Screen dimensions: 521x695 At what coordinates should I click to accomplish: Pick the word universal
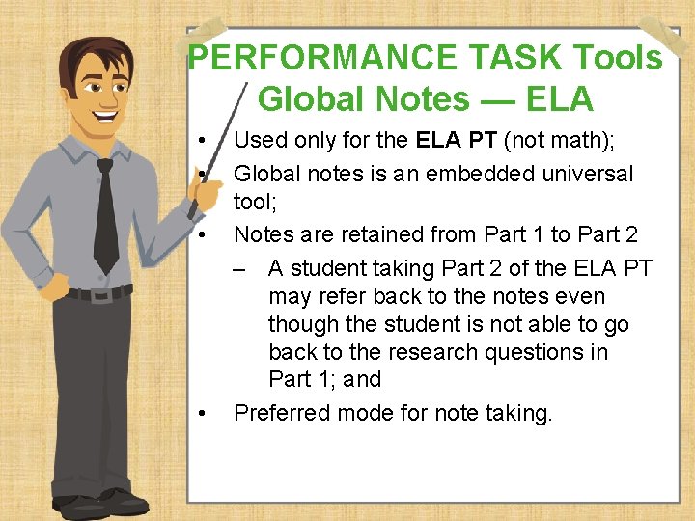[x=585, y=174]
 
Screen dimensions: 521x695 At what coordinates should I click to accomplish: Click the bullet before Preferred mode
[x=201, y=414]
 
